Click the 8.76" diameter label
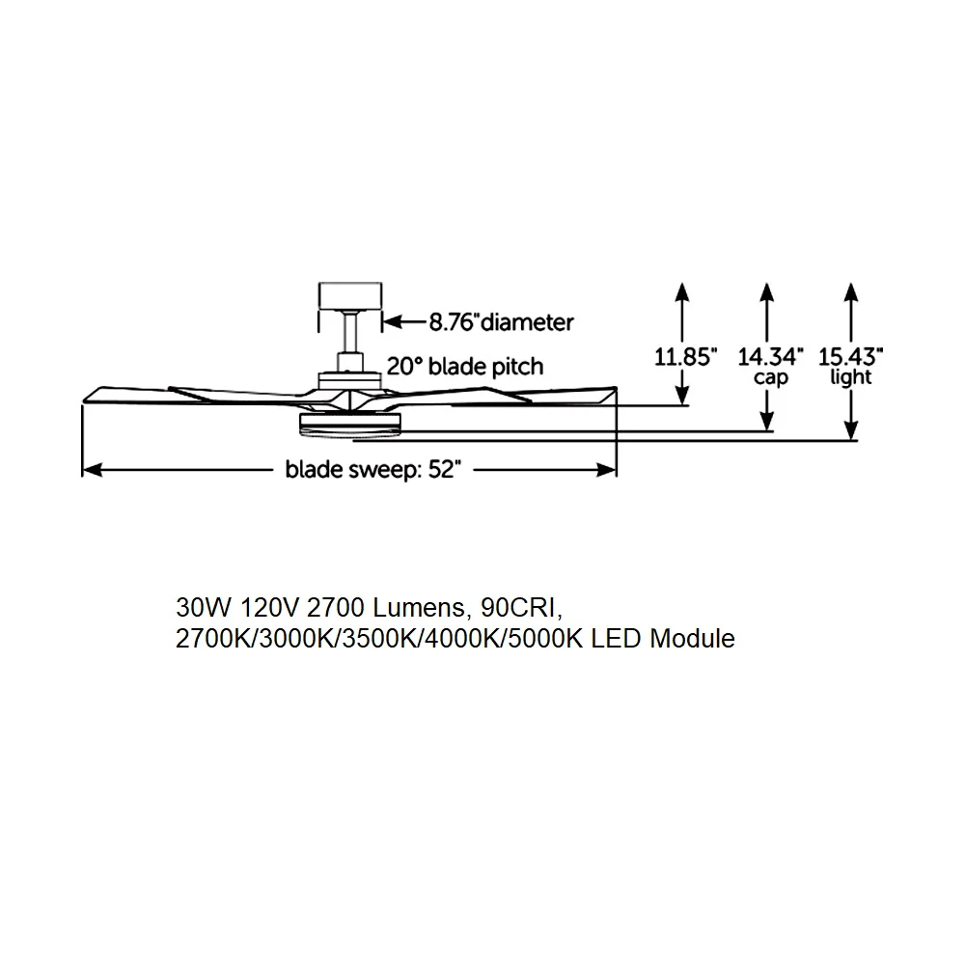coord(501,322)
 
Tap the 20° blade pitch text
coord(465,367)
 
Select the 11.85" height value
coord(685,356)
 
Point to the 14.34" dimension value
coord(770,356)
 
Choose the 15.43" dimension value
coord(850,356)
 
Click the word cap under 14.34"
coord(770,377)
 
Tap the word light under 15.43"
coord(851,376)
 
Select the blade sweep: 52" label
coord(372,470)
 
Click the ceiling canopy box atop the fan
coord(350,296)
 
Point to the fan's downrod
coord(350,332)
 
